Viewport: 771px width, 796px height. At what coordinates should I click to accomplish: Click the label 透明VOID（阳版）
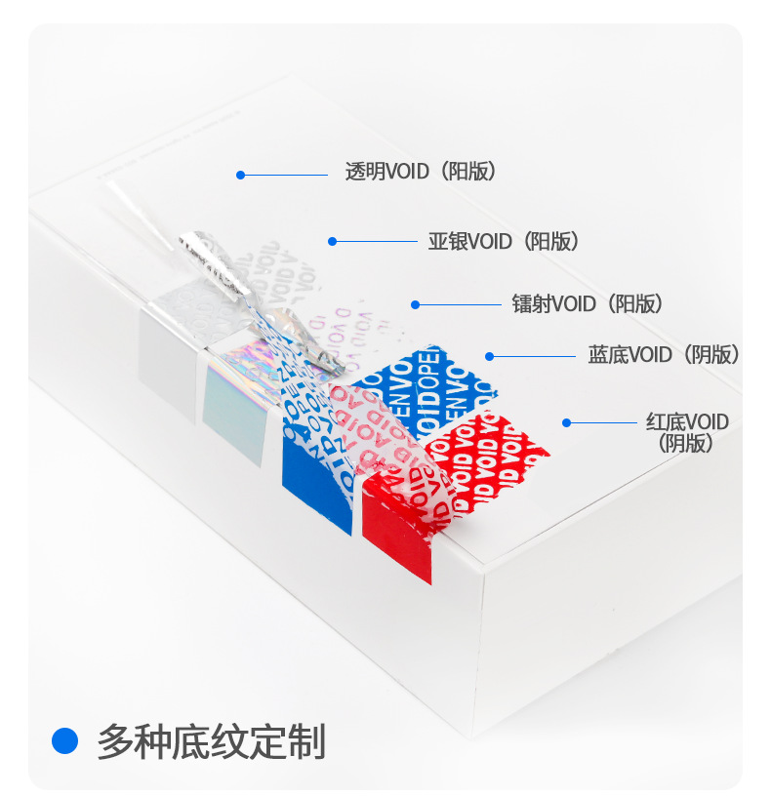coord(422,172)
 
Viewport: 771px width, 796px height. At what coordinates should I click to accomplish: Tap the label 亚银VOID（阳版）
coord(504,241)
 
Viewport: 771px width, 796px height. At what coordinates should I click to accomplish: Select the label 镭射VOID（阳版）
coord(588,303)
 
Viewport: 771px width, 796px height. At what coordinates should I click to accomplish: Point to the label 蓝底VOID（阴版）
coord(664,355)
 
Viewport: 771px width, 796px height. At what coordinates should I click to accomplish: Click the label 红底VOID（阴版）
coord(687,431)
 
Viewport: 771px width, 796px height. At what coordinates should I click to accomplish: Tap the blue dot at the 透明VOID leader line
coord(240,176)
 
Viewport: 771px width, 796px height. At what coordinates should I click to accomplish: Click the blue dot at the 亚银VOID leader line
coord(332,241)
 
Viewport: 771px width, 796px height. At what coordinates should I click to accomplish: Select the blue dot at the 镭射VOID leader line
coord(415,304)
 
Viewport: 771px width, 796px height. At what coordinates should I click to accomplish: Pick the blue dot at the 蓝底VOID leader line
coord(490,356)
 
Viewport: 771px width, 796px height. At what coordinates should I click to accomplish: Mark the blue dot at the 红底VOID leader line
coord(566,422)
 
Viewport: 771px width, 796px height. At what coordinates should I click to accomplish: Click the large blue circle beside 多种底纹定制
coord(64,741)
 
